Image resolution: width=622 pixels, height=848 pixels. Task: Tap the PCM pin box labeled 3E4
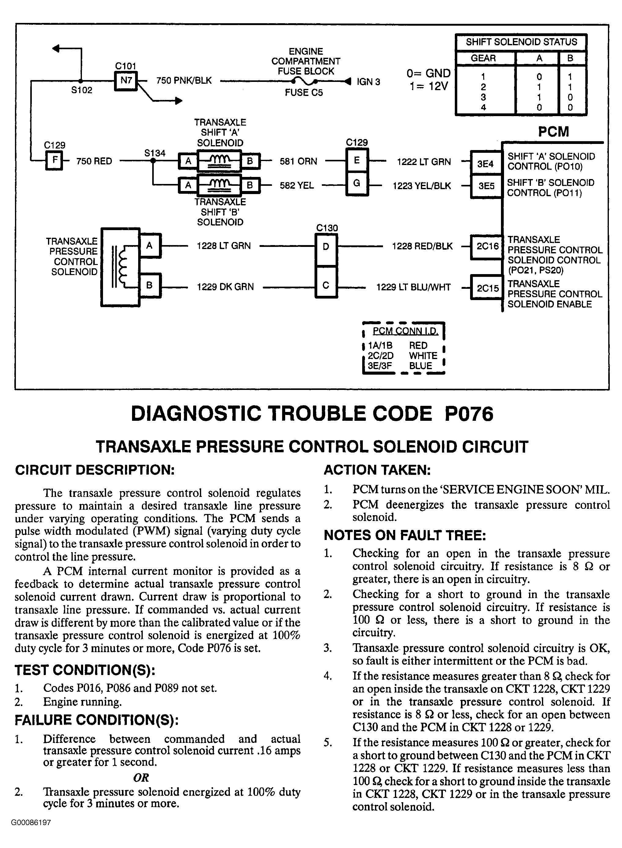point(486,164)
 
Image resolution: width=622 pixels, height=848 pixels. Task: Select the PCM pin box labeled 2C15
point(487,288)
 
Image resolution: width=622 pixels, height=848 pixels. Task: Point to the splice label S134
point(155,153)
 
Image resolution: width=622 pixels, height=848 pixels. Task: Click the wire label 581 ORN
point(298,161)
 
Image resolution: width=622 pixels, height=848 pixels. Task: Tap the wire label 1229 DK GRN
point(225,287)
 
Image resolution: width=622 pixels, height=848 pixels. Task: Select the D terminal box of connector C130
point(326,247)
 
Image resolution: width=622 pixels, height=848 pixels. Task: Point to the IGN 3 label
point(368,82)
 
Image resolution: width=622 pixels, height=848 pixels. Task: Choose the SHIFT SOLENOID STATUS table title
point(521,42)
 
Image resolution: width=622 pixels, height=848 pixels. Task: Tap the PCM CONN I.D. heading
point(405,331)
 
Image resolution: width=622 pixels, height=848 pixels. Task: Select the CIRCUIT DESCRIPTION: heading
point(95,470)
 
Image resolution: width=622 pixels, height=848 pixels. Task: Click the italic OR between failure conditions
point(141,777)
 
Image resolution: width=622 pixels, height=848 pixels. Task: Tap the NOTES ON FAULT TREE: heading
point(405,535)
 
